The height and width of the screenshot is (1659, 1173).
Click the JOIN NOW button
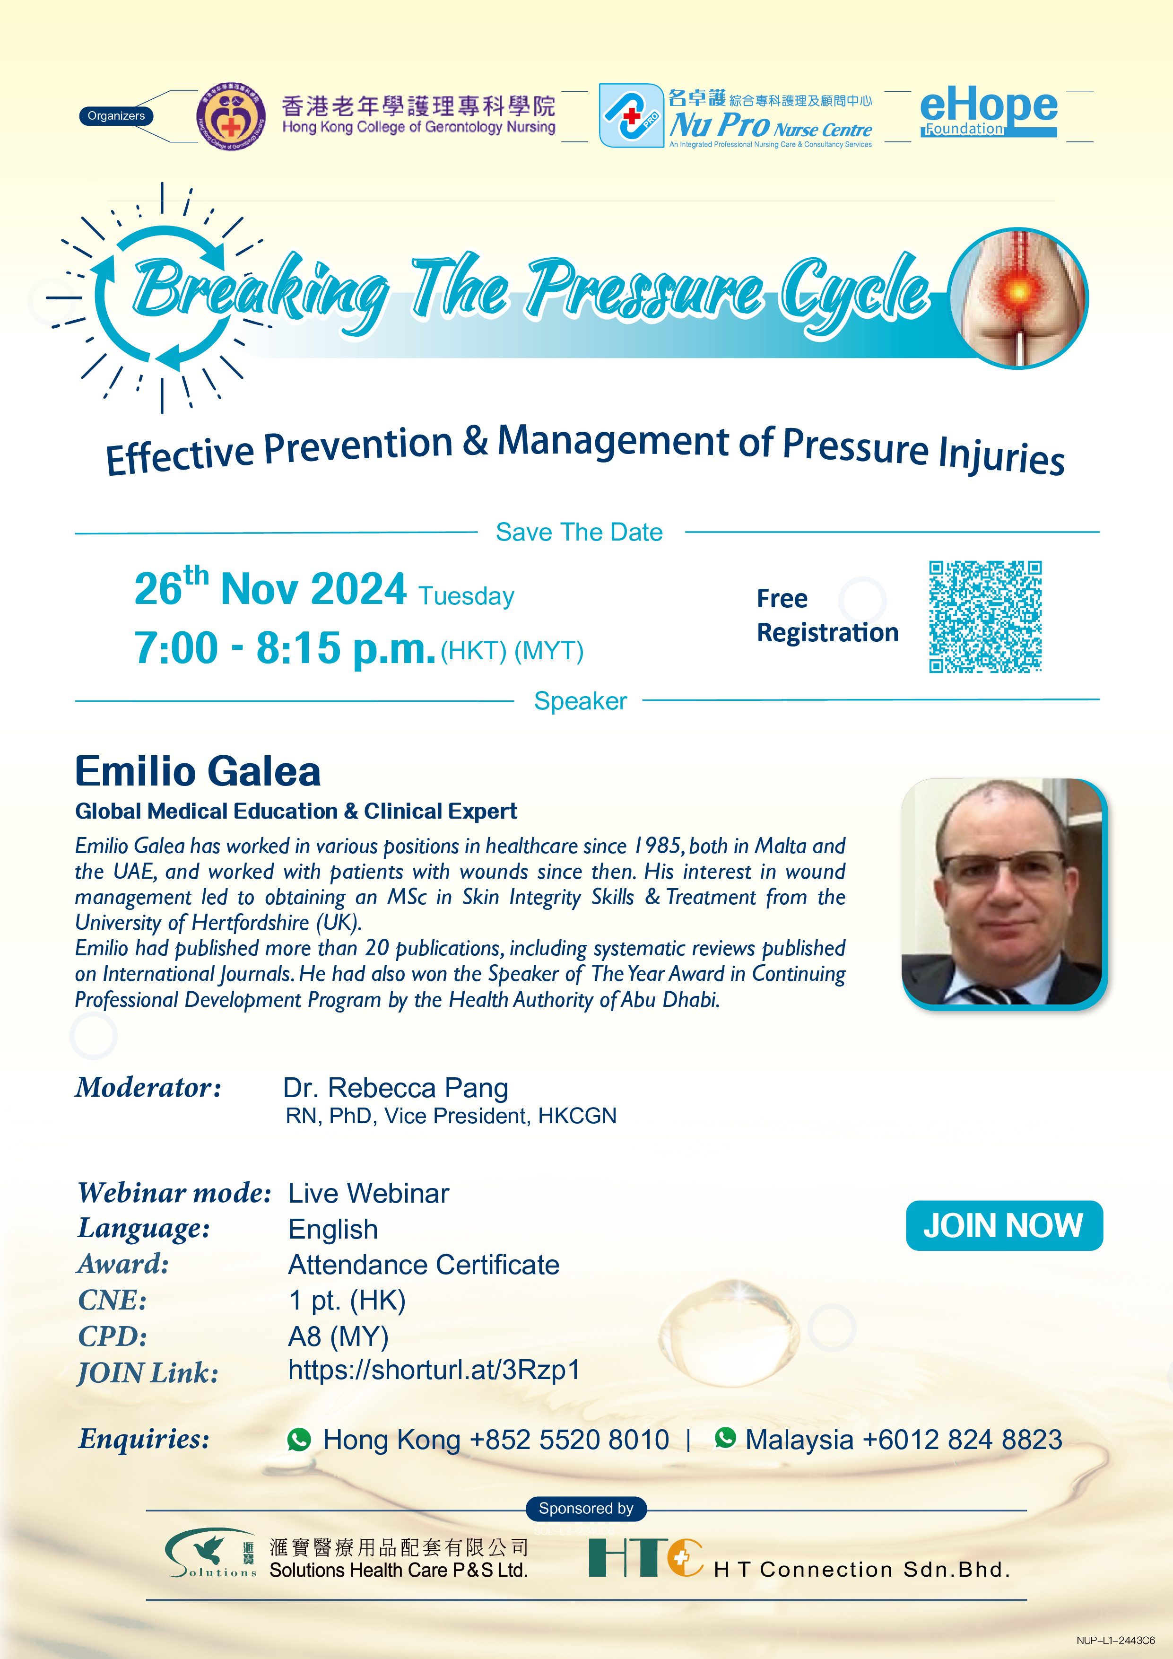click(x=1004, y=1225)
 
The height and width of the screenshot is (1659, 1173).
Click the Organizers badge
click(x=115, y=115)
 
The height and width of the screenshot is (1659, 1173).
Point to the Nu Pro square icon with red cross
click(x=631, y=115)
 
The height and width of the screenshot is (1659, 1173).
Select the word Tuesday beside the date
click(x=466, y=596)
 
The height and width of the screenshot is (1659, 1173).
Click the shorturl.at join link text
click(x=434, y=1369)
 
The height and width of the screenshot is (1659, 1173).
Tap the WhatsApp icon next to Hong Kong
click(x=299, y=1440)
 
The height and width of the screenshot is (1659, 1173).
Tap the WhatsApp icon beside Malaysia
click(x=725, y=1437)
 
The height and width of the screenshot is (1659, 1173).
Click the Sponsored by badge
click(x=586, y=1508)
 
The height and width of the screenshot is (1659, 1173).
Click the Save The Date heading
click(x=579, y=532)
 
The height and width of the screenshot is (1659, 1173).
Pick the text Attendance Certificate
click(x=424, y=1265)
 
